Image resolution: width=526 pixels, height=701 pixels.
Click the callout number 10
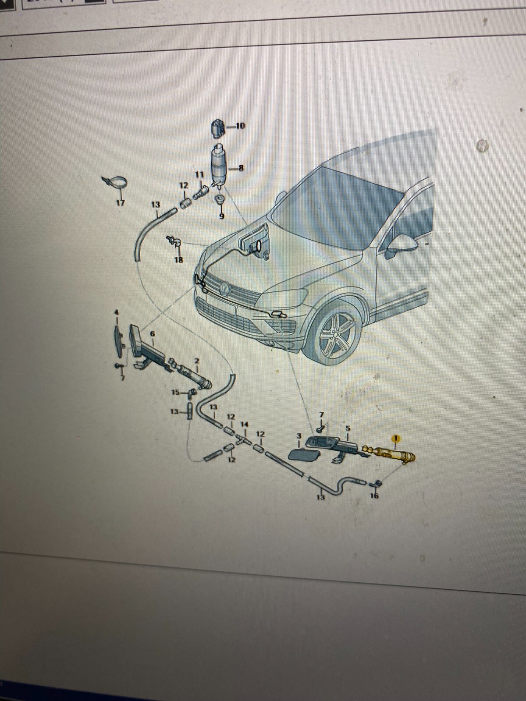(240, 126)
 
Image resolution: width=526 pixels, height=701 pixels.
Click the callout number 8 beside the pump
(241, 167)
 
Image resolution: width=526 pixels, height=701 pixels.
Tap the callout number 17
(120, 203)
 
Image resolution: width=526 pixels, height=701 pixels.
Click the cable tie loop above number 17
(115, 181)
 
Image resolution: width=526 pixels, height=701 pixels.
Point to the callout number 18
(178, 260)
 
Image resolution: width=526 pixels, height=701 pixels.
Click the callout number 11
(199, 174)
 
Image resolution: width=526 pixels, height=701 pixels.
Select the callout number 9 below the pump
(221, 216)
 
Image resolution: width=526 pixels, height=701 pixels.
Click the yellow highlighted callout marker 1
(396, 438)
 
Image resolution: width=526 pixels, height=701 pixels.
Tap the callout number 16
(374, 496)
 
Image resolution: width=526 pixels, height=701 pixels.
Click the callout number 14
(245, 425)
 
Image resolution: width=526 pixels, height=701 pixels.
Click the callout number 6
(153, 334)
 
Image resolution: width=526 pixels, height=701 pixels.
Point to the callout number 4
(116, 312)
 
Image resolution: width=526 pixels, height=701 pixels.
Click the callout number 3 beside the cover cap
(299, 436)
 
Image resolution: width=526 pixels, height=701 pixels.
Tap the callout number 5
(348, 427)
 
